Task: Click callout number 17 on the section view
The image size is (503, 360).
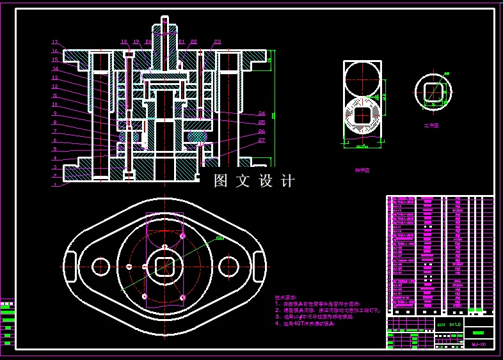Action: (x=55, y=43)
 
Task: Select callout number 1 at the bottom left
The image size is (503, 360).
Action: (x=55, y=184)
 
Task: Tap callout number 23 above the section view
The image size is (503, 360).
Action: (x=218, y=42)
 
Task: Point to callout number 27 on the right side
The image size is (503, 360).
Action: (x=262, y=140)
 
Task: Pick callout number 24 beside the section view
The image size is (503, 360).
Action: (x=262, y=113)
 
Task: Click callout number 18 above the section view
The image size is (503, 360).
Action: (x=125, y=42)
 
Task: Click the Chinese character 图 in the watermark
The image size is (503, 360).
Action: (x=221, y=181)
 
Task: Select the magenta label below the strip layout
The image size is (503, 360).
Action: (x=362, y=171)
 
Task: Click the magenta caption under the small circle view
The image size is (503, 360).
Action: (x=432, y=126)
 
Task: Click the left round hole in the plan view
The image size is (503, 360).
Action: (x=101, y=266)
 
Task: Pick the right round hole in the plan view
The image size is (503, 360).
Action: (x=228, y=266)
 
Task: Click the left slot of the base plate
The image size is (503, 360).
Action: (x=68, y=266)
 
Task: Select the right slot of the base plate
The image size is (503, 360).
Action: (x=260, y=266)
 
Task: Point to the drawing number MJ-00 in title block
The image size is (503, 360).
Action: (x=479, y=345)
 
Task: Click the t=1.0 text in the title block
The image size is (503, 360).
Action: (x=455, y=325)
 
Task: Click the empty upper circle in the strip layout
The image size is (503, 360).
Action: (x=362, y=79)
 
